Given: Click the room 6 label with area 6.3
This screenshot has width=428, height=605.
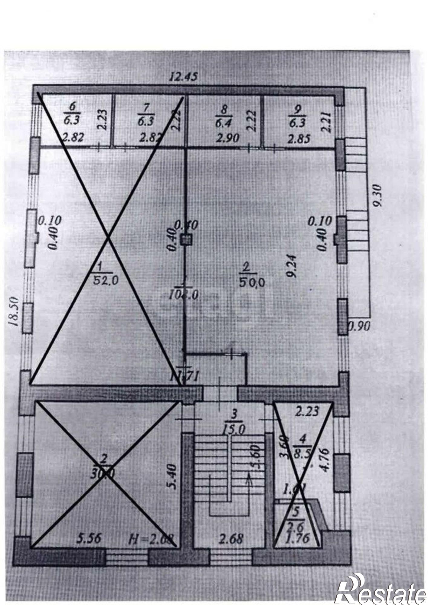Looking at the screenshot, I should [x=72, y=114].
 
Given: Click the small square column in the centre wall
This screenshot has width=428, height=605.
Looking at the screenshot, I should [x=186, y=240].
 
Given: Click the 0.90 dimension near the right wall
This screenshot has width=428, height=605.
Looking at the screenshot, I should [x=360, y=326].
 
